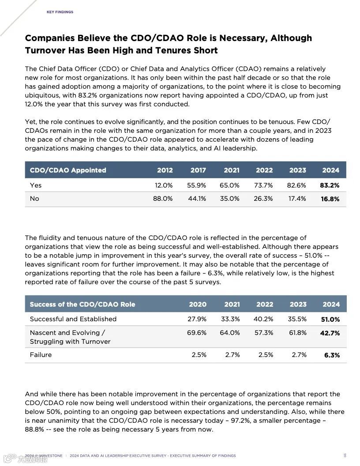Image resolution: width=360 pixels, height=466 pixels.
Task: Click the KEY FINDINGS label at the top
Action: click(x=60, y=12)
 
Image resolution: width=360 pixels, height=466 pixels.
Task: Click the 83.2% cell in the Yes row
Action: click(x=330, y=185)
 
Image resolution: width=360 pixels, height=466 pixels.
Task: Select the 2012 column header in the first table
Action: click(x=165, y=170)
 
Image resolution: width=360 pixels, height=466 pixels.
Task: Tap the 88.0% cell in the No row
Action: click(x=163, y=199)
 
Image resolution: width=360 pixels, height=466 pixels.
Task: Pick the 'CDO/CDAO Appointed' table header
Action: click(x=68, y=170)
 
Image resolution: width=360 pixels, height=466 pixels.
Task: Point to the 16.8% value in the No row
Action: click(x=330, y=199)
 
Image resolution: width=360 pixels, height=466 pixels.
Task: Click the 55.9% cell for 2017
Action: click(x=197, y=185)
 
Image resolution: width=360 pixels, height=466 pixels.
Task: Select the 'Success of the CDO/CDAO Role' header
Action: click(x=82, y=304)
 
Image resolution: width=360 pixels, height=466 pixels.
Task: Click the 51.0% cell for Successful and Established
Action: click(x=330, y=319)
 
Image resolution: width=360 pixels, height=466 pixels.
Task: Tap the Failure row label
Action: click(x=41, y=355)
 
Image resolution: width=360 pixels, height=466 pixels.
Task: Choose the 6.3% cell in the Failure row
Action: click(x=332, y=355)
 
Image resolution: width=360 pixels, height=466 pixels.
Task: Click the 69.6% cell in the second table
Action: click(x=197, y=333)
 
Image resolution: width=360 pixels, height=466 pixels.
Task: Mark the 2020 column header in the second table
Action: click(x=198, y=304)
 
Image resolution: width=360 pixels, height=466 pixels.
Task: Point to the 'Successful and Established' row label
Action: click(x=73, y=319)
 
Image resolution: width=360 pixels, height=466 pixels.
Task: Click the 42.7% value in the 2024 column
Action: click(x=330, y=333)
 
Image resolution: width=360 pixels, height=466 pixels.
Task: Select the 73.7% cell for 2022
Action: click(x=263, y=185)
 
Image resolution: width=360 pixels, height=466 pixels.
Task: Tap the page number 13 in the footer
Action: click(x=345, y=455)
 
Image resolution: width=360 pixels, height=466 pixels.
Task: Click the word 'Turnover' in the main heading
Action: click(x=45, y=50)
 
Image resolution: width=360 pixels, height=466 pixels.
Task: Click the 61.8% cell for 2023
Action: click(x=298, y=333)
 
